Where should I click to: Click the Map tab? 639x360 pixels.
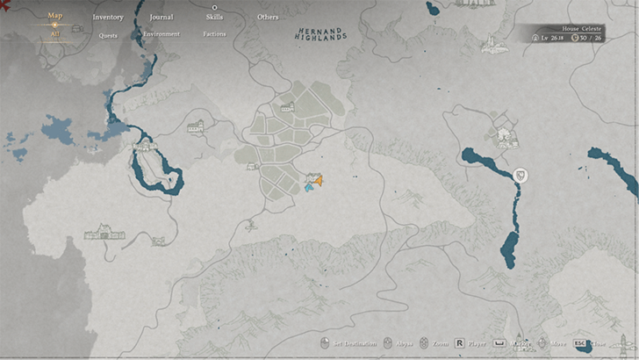coord(54,16)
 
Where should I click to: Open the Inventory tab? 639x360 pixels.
coord(108,18)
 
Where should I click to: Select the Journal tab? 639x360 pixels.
coord(162,18)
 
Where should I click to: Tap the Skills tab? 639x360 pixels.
coord(215,18)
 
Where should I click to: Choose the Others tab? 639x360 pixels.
coord(268,18)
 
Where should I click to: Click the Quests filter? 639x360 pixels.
coord(108,36)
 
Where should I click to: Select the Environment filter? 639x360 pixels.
coord(162,34)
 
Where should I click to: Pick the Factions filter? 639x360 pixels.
coord(214,34)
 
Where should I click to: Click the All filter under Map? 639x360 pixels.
coord(54,35)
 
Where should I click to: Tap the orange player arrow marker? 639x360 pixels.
coord(319,180)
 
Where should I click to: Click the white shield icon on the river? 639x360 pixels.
coord(521,175)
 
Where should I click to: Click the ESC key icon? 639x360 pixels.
coord(579,343)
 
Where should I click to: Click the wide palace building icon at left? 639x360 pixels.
coord(104,234)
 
